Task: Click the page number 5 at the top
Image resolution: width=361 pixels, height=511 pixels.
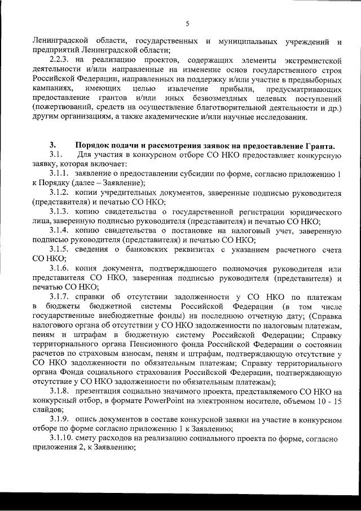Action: coord(187,23)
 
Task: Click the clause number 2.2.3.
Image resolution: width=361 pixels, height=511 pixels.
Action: coord(61,59)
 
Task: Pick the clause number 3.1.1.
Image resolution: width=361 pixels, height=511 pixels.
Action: coord(60,173)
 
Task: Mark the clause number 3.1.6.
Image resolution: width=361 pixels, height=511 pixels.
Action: coord(60,269)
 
